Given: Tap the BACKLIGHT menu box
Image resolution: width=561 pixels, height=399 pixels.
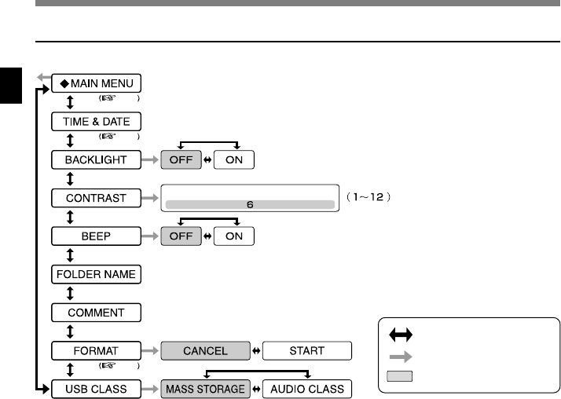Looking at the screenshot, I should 97,159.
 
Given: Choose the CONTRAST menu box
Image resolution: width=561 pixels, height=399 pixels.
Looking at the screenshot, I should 97,197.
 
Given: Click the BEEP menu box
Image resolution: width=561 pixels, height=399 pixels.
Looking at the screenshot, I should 97,236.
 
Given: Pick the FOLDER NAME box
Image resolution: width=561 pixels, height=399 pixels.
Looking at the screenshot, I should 97,274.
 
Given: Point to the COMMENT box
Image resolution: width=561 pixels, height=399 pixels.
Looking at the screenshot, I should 97,313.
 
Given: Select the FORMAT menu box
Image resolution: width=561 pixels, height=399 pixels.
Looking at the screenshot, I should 97,350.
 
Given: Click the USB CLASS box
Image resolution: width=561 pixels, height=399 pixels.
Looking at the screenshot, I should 97,389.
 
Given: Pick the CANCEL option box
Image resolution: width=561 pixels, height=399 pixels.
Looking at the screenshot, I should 206,350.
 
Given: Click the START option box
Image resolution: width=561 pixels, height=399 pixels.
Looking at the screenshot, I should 306,350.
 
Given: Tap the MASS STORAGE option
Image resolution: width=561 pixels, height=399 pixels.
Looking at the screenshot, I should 206,389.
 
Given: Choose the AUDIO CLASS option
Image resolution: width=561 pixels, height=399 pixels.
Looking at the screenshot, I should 306,389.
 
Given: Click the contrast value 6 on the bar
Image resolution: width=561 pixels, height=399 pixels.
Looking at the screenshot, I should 249,204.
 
